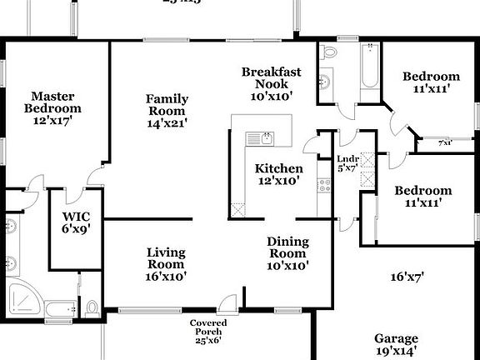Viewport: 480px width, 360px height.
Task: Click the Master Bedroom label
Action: tap(56, 108)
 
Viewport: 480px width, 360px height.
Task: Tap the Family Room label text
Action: tap(167, 111)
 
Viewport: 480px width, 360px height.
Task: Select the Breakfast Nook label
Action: tap(271, 84)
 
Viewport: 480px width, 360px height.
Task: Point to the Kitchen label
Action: tap(279, 174)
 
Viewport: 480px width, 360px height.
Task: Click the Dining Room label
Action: tap(287, 253)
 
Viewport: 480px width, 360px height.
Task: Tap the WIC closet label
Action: tap(76, 226)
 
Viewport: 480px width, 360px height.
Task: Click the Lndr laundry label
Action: tap(347, 162)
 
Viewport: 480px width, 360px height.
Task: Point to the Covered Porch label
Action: tap(208, 332)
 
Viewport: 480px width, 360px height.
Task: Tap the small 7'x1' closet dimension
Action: tap(446, 143)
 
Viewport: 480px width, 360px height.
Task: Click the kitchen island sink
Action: tap(266, 137)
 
